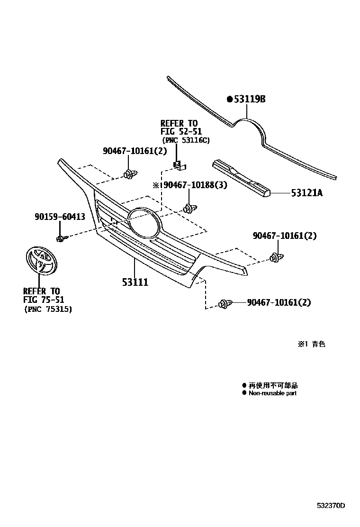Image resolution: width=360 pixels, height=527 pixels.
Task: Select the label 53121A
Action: [x=307, y=193]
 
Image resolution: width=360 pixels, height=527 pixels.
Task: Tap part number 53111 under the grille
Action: [x=135, y=282]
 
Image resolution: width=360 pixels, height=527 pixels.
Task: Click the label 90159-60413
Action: [x=60, y=217]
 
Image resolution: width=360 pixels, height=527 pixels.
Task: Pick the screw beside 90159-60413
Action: [x=61, y=237]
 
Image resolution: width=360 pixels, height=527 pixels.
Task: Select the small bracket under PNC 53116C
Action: [x=179, y=165]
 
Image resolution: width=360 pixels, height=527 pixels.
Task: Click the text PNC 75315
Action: [x=48, y=309]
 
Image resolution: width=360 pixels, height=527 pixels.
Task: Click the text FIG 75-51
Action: [x=44, y=300]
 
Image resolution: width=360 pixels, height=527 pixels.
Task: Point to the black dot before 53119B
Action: [x=230, y=99]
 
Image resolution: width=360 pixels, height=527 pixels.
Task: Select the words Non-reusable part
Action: [x=272, y=393]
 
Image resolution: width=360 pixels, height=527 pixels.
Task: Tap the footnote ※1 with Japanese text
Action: [x=311, y=345]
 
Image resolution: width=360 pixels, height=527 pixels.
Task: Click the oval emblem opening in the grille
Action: [x=143, y=222]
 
